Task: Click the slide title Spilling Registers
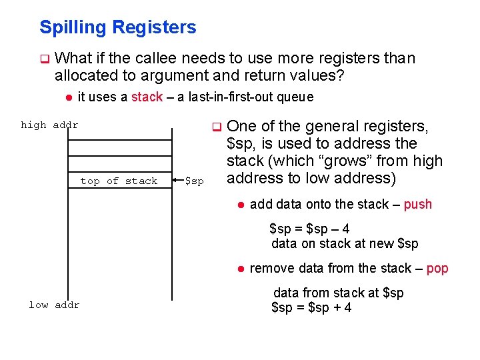coord(117,27)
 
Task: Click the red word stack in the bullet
coord(147,97)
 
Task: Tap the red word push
coord(418,204)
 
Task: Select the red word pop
coord(437,268)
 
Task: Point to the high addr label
coord(49,125)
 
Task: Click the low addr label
coord(54,305)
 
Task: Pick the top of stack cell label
coord(119,181)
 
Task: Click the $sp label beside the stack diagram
coord(194,181)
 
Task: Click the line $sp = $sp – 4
coord(309,229)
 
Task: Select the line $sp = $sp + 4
coord(311,307)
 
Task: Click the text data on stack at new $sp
coord(345,243)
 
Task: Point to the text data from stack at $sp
coord(339,293)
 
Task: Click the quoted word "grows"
coord(351,161)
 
